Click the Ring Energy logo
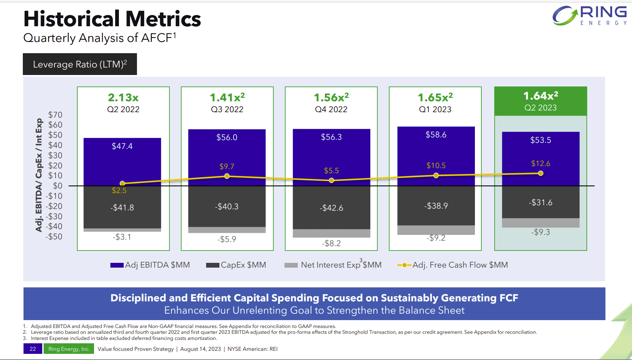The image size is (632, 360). tap(589, 15)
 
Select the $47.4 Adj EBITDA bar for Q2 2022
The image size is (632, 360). tap(122, 162)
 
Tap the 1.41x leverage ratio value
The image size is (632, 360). tap(227, 97)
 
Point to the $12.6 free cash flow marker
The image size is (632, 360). tap(540, 173)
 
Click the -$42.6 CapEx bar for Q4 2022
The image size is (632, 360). tap(331, 208)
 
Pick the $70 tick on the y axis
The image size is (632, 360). tap(55, 115)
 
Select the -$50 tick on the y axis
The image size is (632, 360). tap(54, 237)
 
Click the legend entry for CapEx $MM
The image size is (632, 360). tap(236, 265)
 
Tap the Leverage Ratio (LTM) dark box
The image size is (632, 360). tap(80, 64)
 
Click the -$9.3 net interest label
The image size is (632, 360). tap(540, 232)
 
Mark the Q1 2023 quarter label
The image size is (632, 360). tap(435, 109)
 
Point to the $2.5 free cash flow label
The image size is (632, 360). tap(119, 191)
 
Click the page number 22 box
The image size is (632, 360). tap(33, 349)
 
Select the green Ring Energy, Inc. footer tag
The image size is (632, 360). tap(69, 349)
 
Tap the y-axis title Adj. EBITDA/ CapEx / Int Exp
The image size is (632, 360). tap(39, 175)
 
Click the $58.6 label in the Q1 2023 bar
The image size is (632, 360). tap(436, 135)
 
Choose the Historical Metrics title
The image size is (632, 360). tap(112, 19)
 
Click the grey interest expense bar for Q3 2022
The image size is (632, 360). tap(227, 230)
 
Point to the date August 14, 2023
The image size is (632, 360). tap(200, 349)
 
